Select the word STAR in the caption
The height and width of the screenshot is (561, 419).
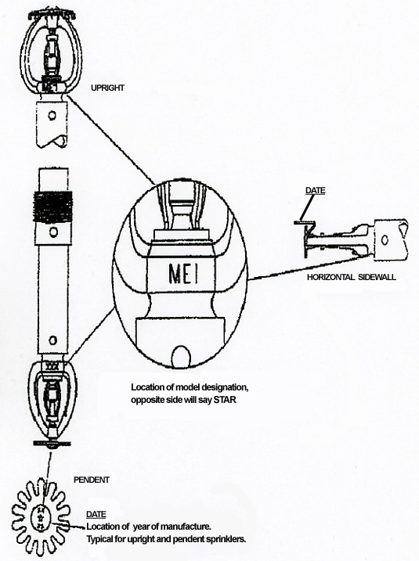tap(241, 400)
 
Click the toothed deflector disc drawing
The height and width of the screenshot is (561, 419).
tap(38, 516)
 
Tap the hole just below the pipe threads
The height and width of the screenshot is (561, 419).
tap(52, 232)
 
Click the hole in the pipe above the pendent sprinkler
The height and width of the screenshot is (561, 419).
tap(52, 339)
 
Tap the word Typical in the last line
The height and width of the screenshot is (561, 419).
tap(103, 541)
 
